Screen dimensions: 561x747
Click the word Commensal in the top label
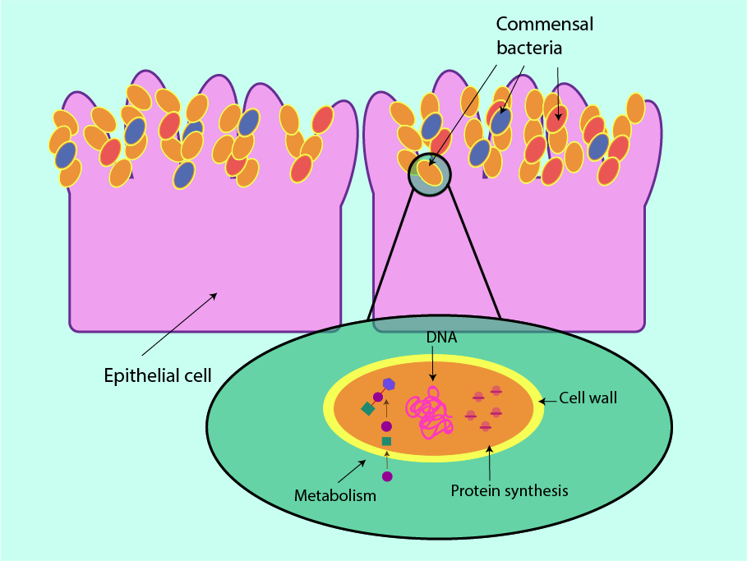coord(544,24)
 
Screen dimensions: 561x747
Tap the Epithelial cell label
coord(158,376)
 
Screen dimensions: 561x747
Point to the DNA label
coord(441,338)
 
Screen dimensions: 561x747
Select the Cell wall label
coord(588,398)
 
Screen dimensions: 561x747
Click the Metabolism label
coord(335,495)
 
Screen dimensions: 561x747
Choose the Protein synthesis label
coord(510,491)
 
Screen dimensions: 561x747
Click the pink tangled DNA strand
coord(431,412)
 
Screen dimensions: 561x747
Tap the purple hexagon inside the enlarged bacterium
coord(389,384)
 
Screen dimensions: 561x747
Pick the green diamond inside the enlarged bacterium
coord(367,408)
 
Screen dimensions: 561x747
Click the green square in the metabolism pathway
coord(386,441)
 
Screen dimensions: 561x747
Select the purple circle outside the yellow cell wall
coord(387,476)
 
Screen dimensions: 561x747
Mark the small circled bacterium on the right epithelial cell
coord(430,173)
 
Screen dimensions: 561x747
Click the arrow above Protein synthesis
coord(490,463)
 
